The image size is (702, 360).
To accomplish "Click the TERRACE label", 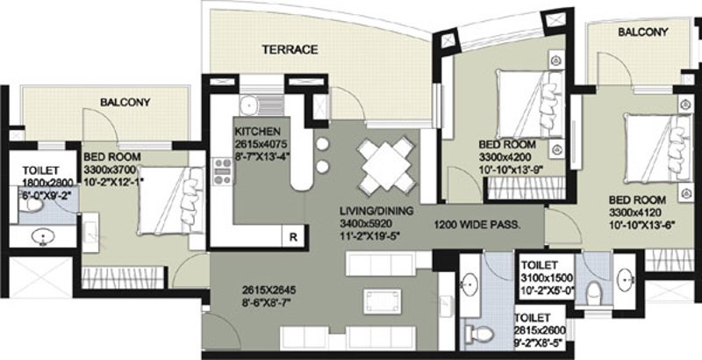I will (x=289, y=50).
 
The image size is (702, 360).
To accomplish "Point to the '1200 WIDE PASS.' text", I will (x=477, y=225).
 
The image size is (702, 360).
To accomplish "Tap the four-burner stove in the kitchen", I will (x=222, y=169).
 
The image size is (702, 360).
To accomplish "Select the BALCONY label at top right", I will (x=642, y=32).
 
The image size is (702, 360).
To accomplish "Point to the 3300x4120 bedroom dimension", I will (x=640, y=212).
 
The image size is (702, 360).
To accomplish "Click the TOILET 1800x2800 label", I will (x=37, y=172).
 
